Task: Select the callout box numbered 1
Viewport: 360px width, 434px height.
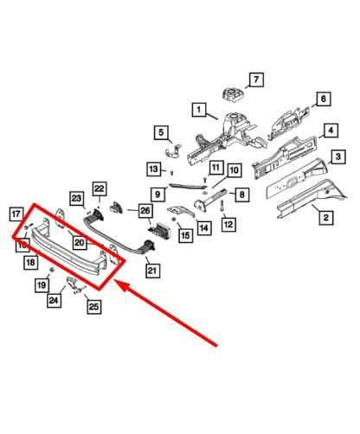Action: click(x=199, y=110)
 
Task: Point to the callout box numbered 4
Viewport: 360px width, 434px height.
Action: click(x=331, y=131)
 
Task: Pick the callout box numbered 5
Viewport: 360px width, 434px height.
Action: click(x=161, y=132)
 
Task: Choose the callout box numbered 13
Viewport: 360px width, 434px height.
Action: click(x=153, y=168)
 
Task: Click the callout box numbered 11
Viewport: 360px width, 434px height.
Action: click(x=216, y=167)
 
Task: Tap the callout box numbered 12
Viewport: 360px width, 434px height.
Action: click(x=228, y=225)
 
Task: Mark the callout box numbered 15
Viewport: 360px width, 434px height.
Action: click(x=184, y=233)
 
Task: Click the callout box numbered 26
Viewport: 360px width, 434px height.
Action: click(x=145, y=210)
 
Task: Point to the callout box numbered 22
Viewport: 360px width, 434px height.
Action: click(x=100, y=188)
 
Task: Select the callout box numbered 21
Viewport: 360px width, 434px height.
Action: click(x=153, y=271)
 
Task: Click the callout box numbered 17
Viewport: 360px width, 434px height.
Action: click(x=16, y=214)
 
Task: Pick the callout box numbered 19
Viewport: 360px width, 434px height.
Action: click(x=42, y=284)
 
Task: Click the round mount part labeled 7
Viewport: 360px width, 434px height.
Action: click(x=232, y=96)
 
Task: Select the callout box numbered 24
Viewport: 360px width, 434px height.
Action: click(x=54, y=301)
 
